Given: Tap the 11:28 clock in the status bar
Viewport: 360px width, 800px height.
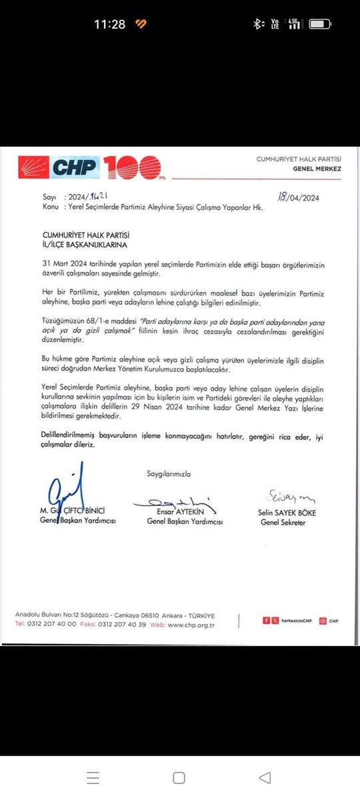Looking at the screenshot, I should click(x=109, y=24).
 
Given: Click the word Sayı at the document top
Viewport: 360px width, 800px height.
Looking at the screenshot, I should click(x=49, y=198).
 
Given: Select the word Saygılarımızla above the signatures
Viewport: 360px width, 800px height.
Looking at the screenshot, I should click(x=169, y=473).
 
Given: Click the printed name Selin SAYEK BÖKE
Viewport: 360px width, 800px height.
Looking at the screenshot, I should click(x=287, y=513).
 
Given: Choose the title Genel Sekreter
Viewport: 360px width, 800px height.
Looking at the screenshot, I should click(x=283, y=522).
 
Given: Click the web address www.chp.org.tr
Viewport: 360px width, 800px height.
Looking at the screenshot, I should click(x=190, y=625).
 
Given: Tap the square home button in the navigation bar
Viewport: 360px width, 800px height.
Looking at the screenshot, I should click(x=179, y=777).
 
